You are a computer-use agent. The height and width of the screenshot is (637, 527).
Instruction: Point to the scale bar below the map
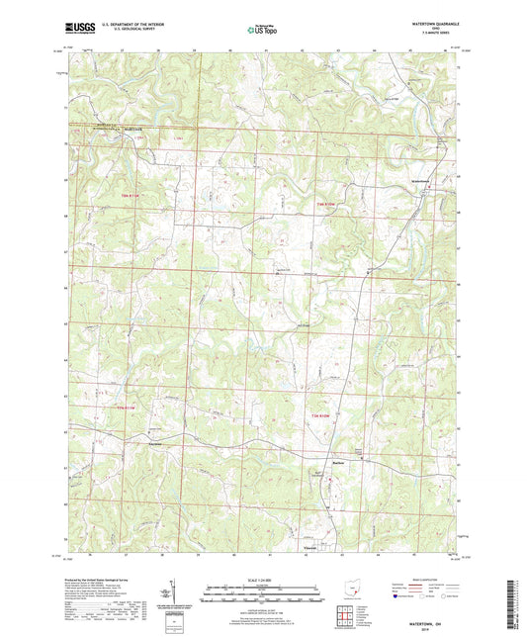point(263,593)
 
